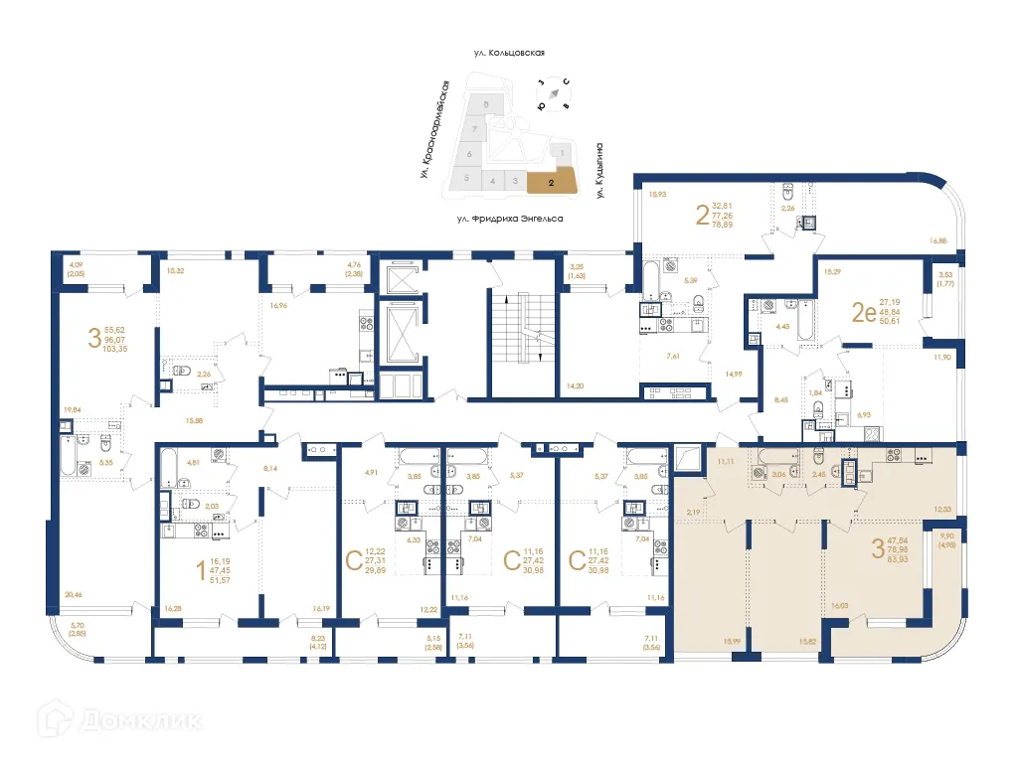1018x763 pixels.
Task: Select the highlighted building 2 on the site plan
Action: coord(551,182)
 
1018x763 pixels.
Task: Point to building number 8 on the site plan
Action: coord(485,104)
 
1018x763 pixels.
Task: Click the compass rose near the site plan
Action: coord(553,92)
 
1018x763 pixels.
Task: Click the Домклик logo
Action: coord(109,722)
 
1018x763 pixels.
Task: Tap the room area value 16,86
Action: coord(938,239)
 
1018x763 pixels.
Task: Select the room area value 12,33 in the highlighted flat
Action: coord(942,509)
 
